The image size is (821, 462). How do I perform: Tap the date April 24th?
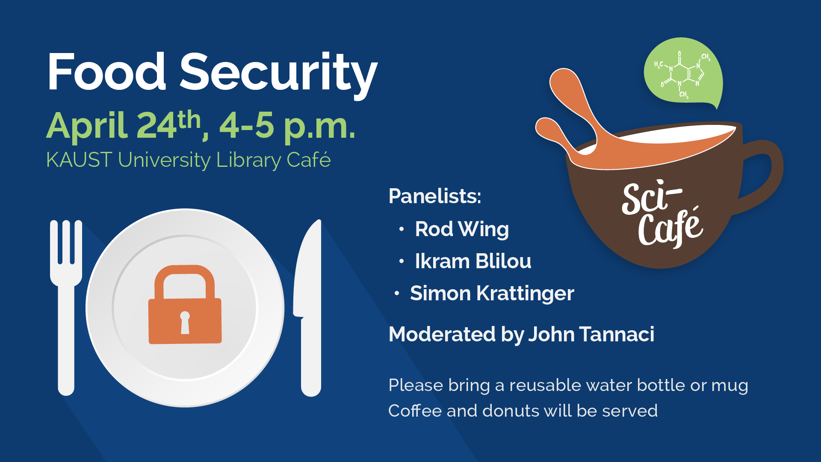pyautogui.click(x=124, y=125)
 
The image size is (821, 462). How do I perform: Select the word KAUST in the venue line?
pyautogui.click(x=79, y=160)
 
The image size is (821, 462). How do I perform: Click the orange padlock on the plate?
pyautogui.click(x=185, y=304)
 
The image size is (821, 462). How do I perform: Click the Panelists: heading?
pyautogui.click(x=435, y=196)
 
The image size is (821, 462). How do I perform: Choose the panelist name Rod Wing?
pyautogui.click(x=462, y=229)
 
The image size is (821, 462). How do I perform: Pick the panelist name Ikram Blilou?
pyautogui.click(x=473, y=261)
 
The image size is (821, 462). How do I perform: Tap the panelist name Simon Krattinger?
pyautogui.click(x=492, y=293)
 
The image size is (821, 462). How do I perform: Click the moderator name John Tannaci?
pyautogui.click(x=591, y=334)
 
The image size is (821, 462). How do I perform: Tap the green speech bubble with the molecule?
pyautogui.click(x=683, y=73)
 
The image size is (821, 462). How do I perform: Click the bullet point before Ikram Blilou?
pyautogui.click(x=401, y=261)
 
